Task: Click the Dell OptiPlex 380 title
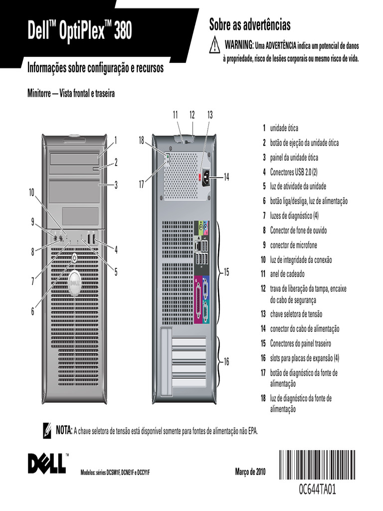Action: pyautogui.click(x=80, y=32)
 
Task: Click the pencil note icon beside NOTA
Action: pyautogui.click(x=47, y=430)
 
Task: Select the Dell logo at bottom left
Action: pyautogui.click(x=47, y=463)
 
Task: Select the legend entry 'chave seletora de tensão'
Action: pyautogui.click(x=296, y=314)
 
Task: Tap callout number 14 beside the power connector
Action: pyautogui.click(x=226, y=177)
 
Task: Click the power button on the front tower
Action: pyautogui.click(x=74, y=258)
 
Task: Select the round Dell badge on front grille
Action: pyautogui.click(x=74, y=282)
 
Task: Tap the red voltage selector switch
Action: pyautogui.click(x=200, y=177)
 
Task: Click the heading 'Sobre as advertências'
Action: pyautogui.click(x=249, y=24)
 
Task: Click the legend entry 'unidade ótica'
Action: pyautogui.click(x=284, y=128)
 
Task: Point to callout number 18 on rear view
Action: pyautogui.click(x=142, y=141)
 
